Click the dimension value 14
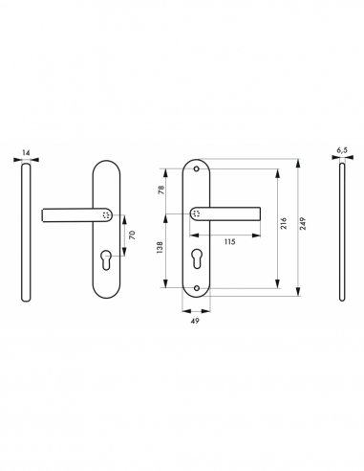click(24, 150)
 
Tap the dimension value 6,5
click(342, 150)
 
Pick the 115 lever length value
click(229, 241)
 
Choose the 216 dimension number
click(285, 222)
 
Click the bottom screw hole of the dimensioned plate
click(199, 287)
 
